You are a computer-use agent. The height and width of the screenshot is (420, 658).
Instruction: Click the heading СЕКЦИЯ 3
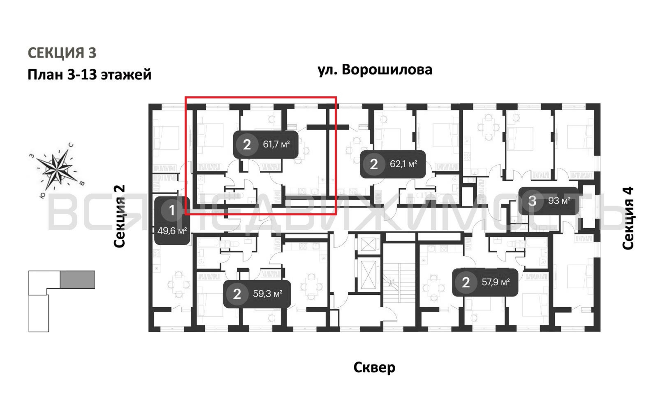[62, 53]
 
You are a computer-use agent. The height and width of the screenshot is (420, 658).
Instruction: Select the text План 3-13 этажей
[89, 74]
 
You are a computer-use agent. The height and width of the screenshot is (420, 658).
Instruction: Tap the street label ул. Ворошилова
[375, 70]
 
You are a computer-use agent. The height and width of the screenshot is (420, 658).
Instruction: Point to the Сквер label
[374, 367]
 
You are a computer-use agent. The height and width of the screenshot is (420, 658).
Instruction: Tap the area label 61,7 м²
[276, 144]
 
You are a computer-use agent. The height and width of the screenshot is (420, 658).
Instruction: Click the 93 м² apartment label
[559, 201]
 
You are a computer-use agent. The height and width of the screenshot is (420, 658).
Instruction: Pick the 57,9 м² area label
[495, 282]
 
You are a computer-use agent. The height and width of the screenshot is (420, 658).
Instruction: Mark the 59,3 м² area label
[267, 294]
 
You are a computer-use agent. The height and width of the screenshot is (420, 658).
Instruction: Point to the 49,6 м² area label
[172, 231]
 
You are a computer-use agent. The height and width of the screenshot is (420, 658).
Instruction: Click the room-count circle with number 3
[532, 201]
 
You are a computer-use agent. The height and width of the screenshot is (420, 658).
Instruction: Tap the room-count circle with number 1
[172, 210]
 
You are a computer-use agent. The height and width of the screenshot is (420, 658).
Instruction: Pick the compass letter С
[71, 145]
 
